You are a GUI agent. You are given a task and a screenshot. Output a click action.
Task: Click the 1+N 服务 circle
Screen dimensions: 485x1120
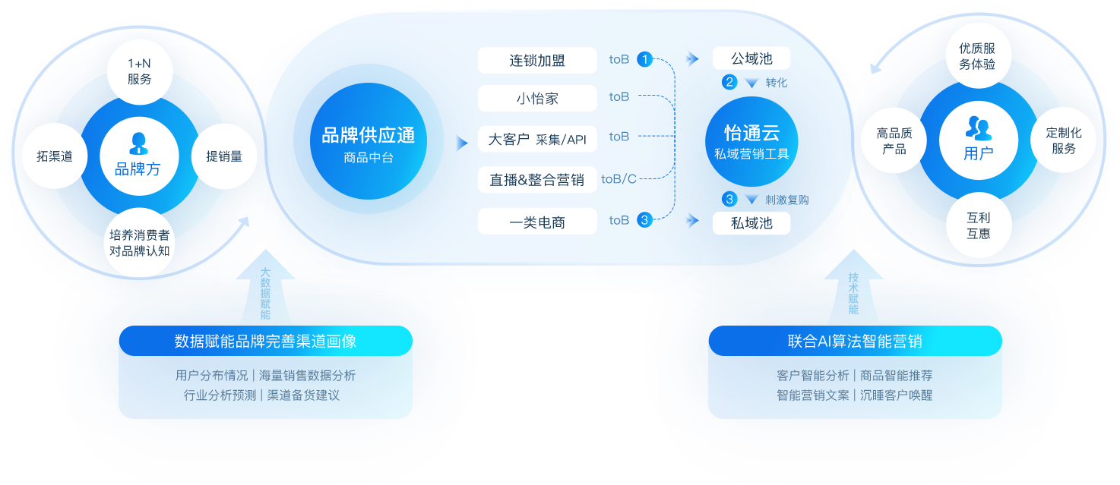tap(140, 71)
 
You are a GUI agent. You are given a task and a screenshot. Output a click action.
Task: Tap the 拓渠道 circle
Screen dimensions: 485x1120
tap(55, 156)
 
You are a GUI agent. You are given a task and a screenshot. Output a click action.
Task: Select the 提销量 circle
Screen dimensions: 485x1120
tap(224, 156)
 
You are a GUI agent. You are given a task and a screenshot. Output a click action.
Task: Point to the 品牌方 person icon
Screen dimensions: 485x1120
tap(138, 143)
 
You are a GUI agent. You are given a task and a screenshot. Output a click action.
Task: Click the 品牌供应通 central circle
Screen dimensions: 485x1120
tap(369, 142)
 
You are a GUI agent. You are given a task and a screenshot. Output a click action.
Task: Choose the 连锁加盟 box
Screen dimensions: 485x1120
tap(537, 61)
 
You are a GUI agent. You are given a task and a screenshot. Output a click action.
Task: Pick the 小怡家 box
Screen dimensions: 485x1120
tap(537, 99)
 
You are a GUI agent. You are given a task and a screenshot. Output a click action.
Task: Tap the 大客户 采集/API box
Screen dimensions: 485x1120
tap(537, 140)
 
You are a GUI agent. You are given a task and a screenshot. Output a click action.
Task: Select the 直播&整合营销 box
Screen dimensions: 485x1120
tap(537, 180)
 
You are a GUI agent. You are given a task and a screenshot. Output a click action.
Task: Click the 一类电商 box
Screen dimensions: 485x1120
tap(537, 222)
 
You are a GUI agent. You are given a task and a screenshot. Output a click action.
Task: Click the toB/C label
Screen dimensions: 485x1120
tap(619, 179)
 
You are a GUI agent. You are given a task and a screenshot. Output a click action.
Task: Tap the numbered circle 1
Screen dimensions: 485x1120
tap(644, 58)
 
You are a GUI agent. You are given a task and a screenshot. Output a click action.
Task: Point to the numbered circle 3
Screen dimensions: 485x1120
tap(644, 220)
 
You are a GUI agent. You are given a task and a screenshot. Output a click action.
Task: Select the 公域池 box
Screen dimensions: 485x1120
tap(751, 58)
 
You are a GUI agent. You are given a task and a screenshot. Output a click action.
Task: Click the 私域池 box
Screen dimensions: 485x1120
tap(751, 223)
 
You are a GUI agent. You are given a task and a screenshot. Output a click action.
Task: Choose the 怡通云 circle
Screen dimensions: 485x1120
tap(751, 140)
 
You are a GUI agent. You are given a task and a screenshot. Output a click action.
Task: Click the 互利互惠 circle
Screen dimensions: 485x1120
tap(979, 225)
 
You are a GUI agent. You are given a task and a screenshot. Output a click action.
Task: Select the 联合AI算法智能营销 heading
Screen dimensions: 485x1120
tap(855, 342)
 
